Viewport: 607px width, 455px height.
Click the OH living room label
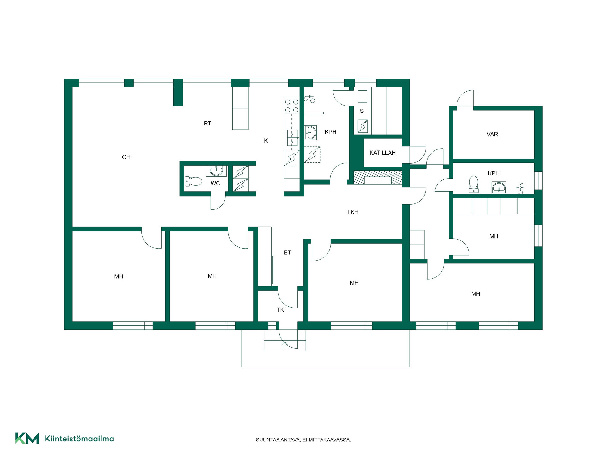[126, 157]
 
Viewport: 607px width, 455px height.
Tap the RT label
[207, 124]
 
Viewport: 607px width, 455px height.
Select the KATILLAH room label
[383, 153]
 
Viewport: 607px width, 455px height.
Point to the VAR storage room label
[492, 134]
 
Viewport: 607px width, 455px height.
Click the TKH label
[353, 212]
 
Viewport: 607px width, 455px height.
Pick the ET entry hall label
[287, 252]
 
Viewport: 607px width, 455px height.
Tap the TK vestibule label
[280, 310]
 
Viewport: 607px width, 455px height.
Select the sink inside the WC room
[216, 171]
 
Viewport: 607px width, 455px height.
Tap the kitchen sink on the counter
[292, 138]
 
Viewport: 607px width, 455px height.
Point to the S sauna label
[362, 111]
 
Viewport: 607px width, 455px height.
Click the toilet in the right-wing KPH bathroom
[474, 185]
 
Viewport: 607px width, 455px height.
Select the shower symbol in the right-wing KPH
[520, 189]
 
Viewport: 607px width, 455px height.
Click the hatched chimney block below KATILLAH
[377, 178]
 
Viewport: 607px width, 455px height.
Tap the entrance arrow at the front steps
[285, 345]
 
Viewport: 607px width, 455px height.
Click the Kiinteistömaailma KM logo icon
[27, 438]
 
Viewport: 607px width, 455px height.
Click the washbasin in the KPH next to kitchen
[310, 133]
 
